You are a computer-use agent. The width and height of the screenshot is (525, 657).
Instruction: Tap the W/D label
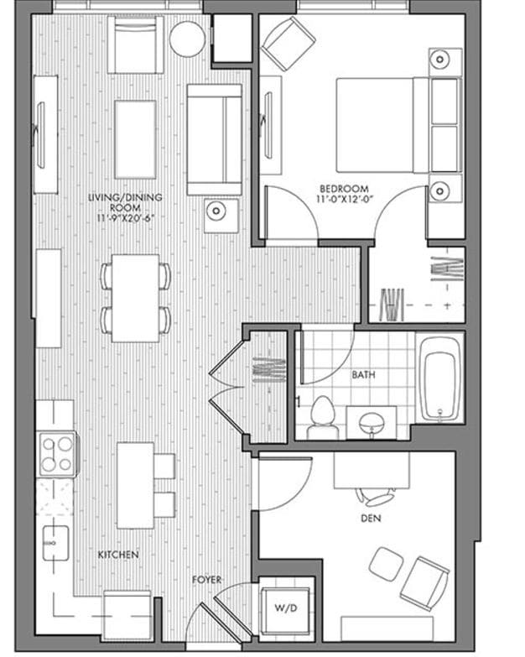click(x=277, y=606)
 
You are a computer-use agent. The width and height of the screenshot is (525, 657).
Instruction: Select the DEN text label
click(x=371, y=519)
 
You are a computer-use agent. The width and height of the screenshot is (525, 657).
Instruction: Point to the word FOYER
click(x=206, y=580)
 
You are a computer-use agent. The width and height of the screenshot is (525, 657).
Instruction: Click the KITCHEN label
click(x=118, y=555)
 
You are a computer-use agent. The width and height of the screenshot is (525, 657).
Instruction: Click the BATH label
click(x=363, y=375)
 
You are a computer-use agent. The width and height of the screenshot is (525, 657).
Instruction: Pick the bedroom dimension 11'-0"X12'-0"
click(x=345, y=200)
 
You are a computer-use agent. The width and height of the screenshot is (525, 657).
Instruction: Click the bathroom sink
click(x=372, y=422)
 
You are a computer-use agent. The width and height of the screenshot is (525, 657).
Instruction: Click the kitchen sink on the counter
click(x=55, y=543)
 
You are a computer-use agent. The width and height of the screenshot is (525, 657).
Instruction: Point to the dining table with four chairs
click(x=136, y=298)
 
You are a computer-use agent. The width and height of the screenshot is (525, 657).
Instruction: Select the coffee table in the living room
click(x=135, y=127)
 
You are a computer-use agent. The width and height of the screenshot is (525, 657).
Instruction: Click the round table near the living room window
click(x=187, y=39)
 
